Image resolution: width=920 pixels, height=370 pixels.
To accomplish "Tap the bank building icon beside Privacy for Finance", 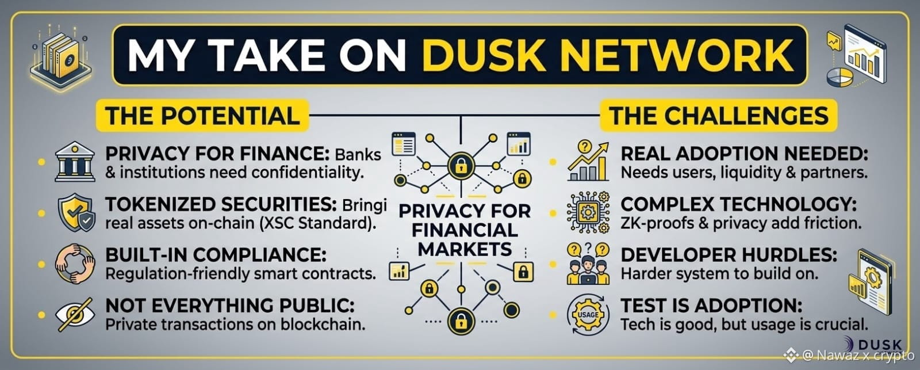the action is pos(75,162).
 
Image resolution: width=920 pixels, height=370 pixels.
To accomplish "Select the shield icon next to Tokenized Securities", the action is pos(76,212).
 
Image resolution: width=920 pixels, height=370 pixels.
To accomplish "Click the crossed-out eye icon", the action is pos(75,315).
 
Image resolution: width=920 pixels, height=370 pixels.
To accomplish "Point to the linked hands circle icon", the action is pos(75,264).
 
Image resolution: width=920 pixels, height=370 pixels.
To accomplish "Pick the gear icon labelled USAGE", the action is pos(588,315).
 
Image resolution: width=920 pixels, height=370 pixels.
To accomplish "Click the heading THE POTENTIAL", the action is pos(202,116).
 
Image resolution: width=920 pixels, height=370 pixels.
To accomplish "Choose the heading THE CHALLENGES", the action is pos(719,116).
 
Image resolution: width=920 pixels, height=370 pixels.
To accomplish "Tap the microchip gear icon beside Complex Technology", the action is pos(588,212).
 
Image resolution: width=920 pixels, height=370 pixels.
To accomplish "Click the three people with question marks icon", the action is pos(588,264).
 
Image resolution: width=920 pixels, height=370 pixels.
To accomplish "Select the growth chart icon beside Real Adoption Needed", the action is pos(588,161).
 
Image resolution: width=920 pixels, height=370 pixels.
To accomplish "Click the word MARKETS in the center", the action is pos(465,250).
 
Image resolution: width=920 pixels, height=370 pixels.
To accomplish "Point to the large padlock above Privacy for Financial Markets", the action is pos(461,166).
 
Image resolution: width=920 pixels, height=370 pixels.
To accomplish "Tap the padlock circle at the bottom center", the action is pos(461,322).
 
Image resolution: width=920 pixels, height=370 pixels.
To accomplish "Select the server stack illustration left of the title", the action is pos(61,57).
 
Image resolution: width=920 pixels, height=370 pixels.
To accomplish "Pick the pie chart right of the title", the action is pos(839,77).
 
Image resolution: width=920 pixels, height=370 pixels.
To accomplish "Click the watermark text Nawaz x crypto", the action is pos(858,355).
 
